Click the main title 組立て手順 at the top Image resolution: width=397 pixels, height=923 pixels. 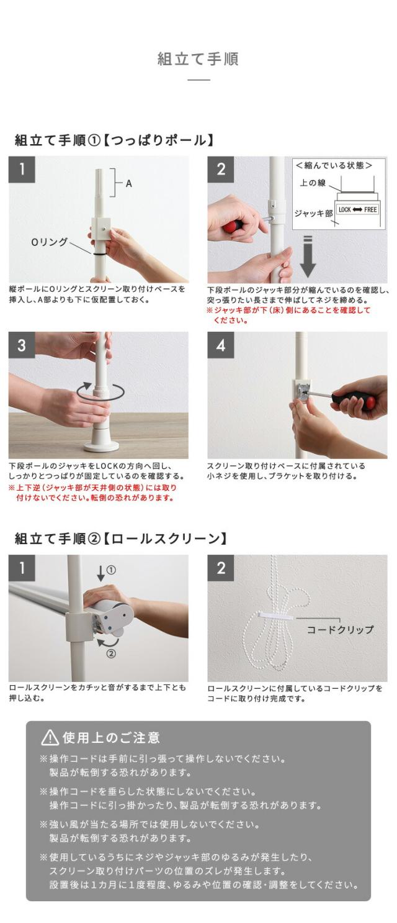198,59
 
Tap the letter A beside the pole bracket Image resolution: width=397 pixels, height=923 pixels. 129,183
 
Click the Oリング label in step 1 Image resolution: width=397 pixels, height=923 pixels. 49,242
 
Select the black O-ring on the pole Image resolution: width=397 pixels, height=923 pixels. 99,254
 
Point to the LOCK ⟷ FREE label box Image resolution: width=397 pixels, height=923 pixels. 357,209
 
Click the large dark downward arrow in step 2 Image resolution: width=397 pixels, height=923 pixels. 307,256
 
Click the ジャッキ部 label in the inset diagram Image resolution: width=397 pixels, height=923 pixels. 313,214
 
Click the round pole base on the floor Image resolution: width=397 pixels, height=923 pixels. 101,441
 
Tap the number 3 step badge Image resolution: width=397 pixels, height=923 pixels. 21,345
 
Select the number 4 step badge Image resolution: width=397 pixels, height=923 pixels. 220,345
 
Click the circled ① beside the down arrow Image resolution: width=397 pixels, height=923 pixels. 111,570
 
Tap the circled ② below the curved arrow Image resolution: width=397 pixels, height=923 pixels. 111,653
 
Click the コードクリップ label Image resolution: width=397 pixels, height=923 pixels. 340,630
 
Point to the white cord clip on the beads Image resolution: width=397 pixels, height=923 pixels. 277,616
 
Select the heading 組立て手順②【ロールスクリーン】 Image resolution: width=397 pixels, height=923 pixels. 120,539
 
